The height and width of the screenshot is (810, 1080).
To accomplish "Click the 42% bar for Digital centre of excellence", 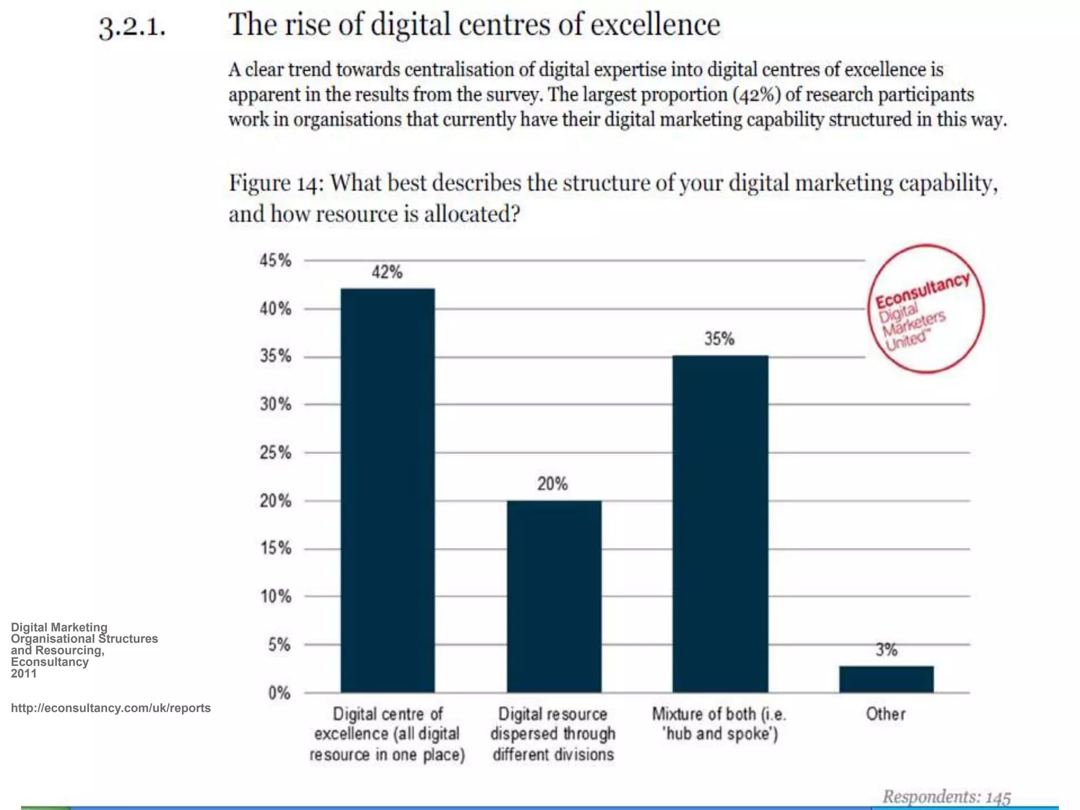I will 388,490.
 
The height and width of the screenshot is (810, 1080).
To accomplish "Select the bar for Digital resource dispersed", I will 554,596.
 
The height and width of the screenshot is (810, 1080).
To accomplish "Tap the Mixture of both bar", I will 720,524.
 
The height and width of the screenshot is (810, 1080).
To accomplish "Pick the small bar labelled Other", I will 886,679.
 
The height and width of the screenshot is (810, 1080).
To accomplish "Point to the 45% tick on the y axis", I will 275,261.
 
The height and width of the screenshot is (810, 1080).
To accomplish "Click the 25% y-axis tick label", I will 275,453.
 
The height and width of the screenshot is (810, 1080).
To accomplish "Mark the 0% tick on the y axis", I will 279,693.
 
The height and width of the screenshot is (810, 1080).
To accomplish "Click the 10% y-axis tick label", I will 275,597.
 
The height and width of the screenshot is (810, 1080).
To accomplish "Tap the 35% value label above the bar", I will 719,339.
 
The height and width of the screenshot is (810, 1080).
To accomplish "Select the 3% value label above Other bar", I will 886,650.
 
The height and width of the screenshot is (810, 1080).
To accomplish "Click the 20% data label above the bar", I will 552,484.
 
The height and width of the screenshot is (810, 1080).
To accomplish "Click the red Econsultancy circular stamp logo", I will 926,309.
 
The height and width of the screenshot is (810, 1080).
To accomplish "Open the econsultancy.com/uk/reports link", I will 111,708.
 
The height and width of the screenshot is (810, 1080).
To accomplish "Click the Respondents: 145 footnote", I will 947,796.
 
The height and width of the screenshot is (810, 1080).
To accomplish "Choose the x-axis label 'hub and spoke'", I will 720,734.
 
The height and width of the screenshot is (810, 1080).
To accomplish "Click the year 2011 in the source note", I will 24,673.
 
